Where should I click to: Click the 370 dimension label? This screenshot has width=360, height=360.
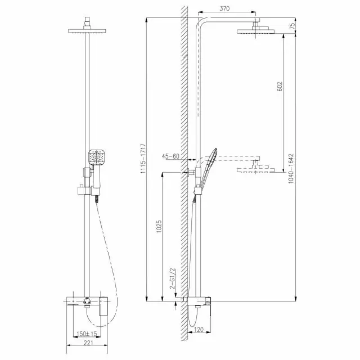tap(224, 8)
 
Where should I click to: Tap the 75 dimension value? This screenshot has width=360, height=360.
tap(292, 26)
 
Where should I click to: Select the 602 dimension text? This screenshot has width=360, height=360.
tap(280, 86)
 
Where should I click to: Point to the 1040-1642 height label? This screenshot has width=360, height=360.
tap(291, 168)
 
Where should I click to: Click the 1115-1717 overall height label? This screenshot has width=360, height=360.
tap(143, 159)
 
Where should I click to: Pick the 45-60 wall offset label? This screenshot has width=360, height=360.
tap(170, 156)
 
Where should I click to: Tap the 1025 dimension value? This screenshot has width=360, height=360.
tap(159, 227)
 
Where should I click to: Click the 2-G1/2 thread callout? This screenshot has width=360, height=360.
tap(172, 278)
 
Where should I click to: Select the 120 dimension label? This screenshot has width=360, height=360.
tap(199, 330)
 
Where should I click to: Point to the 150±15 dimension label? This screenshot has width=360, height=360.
tap(87, 334)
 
